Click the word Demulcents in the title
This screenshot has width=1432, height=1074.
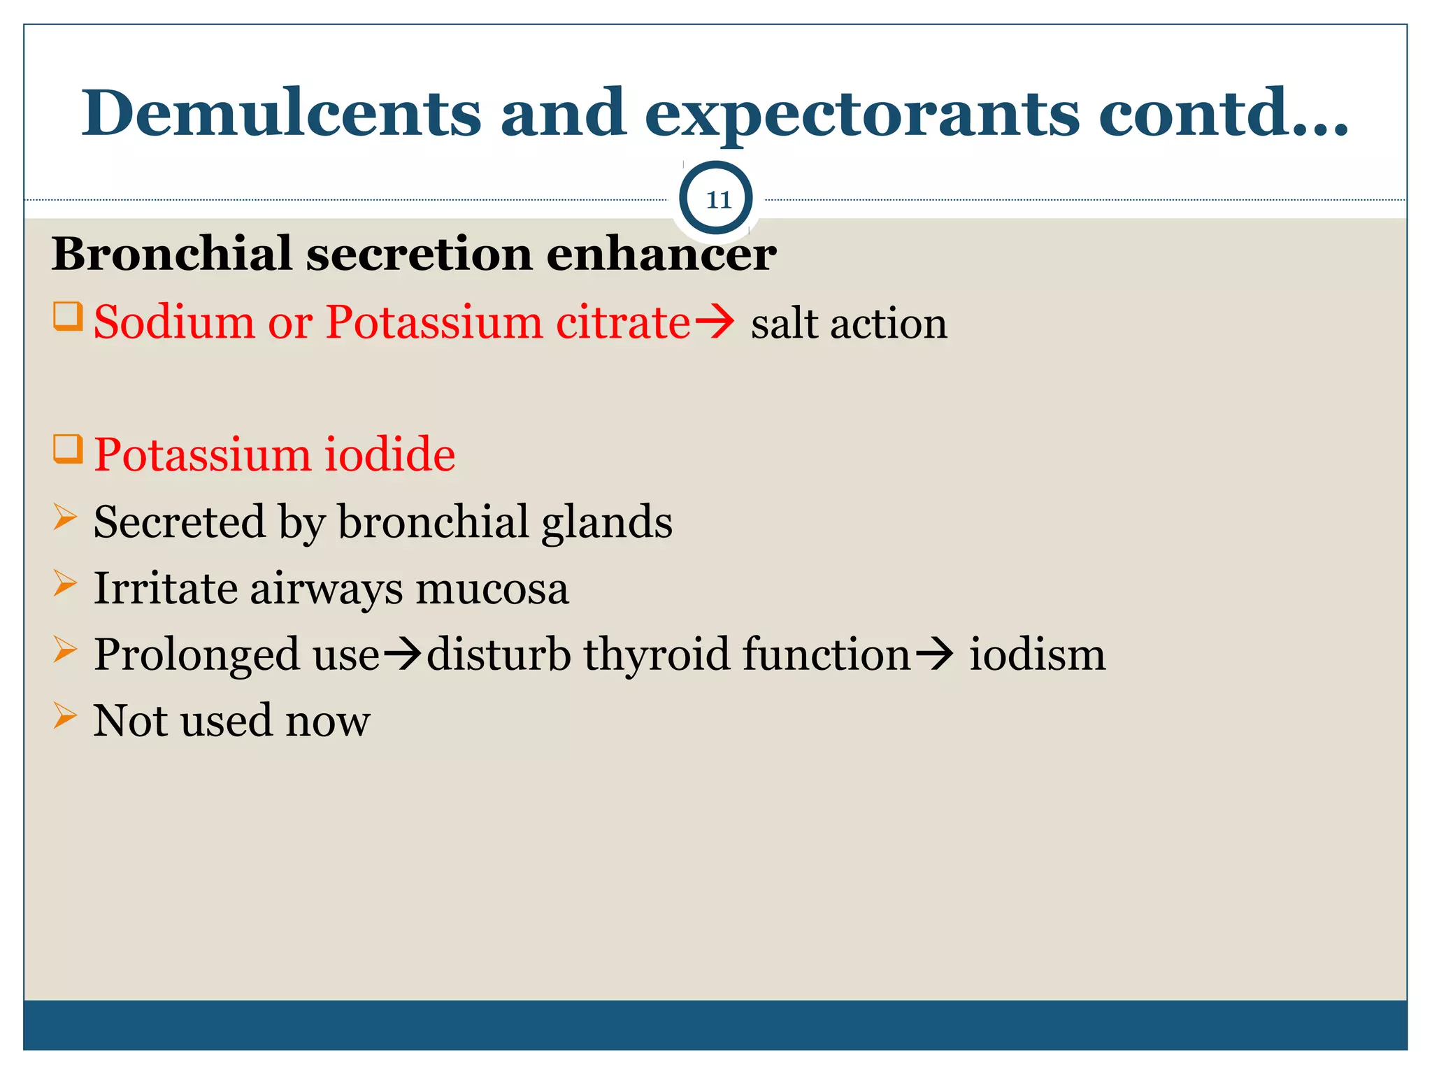coord(281,113)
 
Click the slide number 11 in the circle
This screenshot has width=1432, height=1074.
coord(717,200)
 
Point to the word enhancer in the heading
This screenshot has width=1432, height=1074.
coord(661,255)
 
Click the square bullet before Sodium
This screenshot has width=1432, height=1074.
coord(68,316)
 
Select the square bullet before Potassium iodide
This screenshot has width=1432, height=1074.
coord(68,449)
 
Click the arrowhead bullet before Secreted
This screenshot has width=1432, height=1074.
coord(65,517)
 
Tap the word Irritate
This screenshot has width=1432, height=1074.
coord(165,588)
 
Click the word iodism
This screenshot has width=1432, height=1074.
coord(1037,655)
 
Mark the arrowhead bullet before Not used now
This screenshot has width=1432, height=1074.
coord(65,716)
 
